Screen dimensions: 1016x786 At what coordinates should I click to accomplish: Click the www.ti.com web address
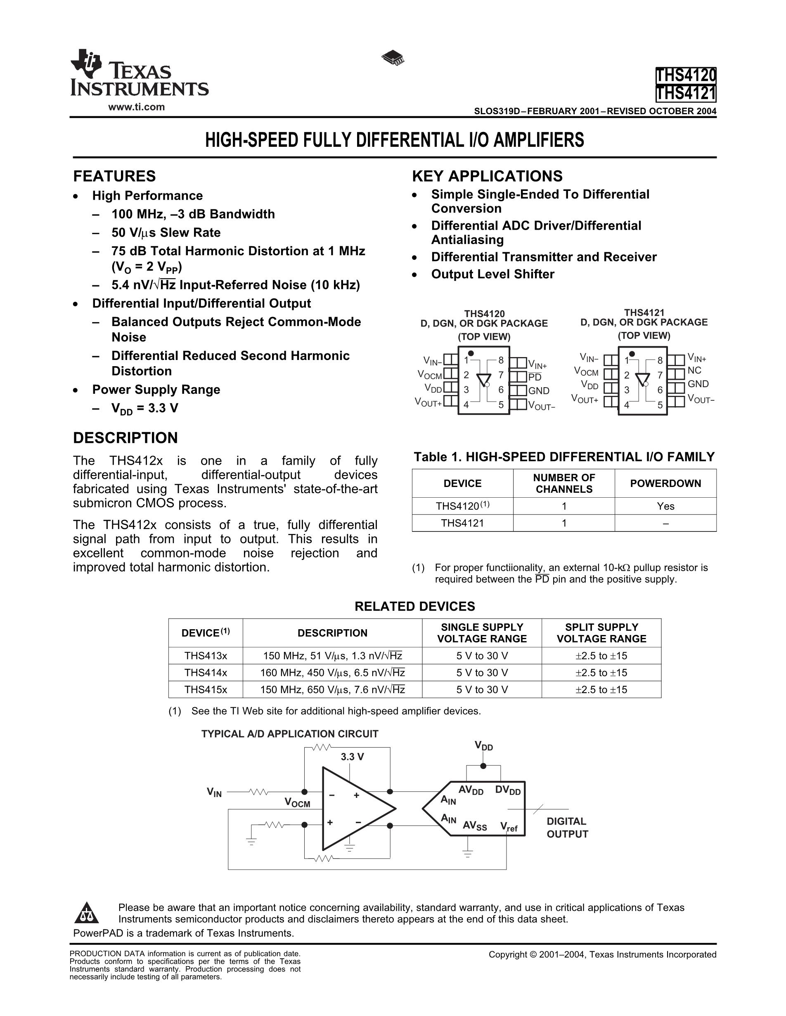[136, 107]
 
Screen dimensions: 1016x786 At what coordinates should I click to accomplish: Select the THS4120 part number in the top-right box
[685, 75]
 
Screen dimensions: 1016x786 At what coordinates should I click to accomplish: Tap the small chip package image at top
[393, 58]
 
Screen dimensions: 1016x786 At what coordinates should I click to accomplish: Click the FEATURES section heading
[114, 176]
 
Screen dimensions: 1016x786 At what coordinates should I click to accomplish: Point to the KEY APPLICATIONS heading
[487, 176]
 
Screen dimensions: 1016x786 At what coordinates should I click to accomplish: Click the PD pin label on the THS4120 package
[535, 376]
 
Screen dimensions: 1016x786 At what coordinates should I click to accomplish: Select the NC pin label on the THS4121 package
[694, 371]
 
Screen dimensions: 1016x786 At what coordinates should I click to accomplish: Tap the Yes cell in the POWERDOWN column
[665, 506]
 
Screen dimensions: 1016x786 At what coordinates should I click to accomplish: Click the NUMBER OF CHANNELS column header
[564, 483]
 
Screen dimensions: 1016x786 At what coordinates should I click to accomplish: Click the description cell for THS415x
[332, 689]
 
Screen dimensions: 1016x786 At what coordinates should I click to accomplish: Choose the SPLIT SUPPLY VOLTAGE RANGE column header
[601, 633]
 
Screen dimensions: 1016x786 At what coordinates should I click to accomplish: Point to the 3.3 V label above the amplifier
[352, 757]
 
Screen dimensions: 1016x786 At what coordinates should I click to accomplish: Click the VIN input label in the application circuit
[214, 792]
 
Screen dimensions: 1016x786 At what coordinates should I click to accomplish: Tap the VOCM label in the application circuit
[297, 802]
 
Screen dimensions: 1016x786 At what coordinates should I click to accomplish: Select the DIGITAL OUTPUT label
[567, 828]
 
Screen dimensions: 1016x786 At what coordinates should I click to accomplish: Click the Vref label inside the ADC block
[509, 826]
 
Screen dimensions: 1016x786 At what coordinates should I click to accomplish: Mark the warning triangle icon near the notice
[87, 913]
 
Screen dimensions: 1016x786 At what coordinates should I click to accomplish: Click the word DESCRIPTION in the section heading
[125, 438]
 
